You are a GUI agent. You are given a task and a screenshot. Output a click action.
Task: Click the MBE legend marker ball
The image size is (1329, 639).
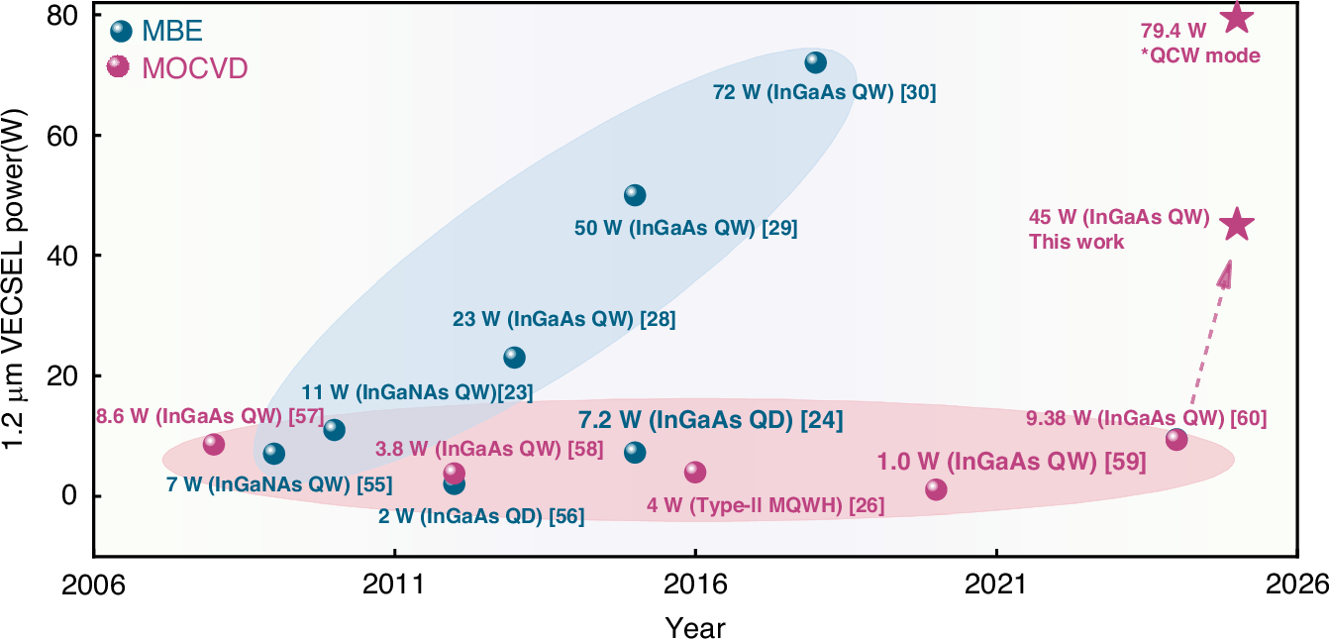click(x=121, y=32)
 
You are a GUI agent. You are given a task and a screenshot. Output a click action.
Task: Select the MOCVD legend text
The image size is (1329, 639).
click(x=194, y=68)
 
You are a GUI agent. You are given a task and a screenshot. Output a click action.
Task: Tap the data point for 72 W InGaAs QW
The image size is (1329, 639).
click(x=815, y=62)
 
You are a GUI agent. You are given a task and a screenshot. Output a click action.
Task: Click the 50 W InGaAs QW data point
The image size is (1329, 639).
click(x=635, y=195)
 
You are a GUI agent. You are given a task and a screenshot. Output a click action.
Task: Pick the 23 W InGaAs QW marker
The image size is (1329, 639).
click(x=514, y=357)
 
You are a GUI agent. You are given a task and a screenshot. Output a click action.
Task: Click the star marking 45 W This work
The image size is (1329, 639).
click(x=1237, y=225)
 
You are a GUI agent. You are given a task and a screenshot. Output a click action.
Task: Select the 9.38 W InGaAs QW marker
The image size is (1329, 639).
click(x=1176, y=439)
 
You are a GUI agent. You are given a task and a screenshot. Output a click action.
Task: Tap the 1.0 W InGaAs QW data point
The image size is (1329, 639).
click(x=936, y=489)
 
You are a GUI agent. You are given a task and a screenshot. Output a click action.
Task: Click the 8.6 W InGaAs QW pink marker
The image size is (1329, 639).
click(x=214, y=444)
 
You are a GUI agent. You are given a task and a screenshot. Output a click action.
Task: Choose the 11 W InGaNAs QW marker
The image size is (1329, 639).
click(x=334, y=429)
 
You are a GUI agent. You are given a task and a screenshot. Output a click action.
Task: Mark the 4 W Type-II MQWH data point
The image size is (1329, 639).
click(x=695, y=472)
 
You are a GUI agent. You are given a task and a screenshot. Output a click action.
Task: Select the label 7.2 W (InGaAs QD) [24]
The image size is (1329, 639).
click(x=709, y=420)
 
